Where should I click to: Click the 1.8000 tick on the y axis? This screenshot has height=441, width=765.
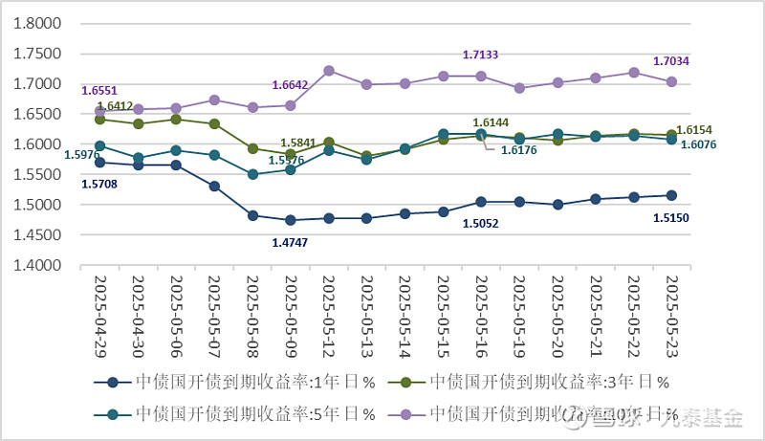click(x=35, y=23)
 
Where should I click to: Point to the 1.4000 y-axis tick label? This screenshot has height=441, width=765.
click(x=35, y=265)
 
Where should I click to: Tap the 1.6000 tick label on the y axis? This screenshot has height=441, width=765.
click(x=35, y=144)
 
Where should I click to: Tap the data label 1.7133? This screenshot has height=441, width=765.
click(x=481, y=55)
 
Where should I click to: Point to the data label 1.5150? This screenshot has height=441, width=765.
click(x=670, y=218)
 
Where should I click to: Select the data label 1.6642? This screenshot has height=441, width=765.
click(x=290, y=85)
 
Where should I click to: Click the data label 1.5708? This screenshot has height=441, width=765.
click(x=99, y=184)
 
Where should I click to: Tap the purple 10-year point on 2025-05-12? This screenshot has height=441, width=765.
click(x=329, y=71)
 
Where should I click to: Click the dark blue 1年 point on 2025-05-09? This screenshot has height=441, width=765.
click(x=291, y=221)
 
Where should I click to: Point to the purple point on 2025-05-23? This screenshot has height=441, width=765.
click(x=671, y=82)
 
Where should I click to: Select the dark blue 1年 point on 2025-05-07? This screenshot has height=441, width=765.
click(x=214, y=186)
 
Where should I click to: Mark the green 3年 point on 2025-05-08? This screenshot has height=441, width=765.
click(x=252, y=148)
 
